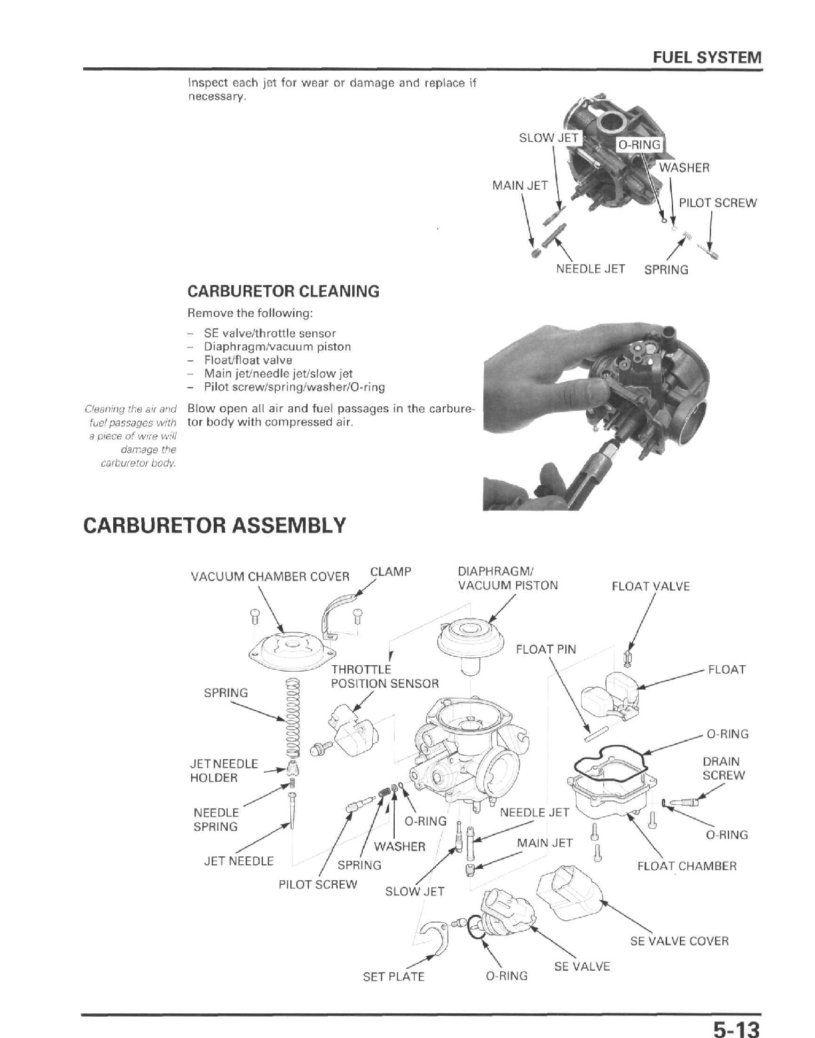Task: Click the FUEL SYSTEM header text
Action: coord(706,57)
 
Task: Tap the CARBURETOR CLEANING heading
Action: coord(284,292)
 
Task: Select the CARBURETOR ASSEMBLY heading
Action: coord(214,525)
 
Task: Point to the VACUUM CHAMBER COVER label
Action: coord(270,577)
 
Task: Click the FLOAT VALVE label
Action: coord(650,587)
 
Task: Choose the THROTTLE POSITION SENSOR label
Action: coord(384,676)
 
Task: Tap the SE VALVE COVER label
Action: coord(679,941)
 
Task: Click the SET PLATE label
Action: coord(393,977)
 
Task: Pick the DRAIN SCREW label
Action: coord(724,768)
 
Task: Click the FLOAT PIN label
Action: coord(545,649)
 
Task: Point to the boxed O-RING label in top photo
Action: coord(639,145)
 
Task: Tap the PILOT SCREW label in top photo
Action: coord(717,203)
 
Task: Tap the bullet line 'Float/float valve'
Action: coord(248,360)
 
